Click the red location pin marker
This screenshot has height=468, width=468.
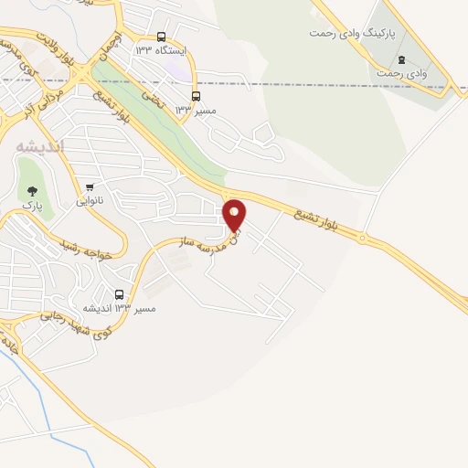(x=235, y=216)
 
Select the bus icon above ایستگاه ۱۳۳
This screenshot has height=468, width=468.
(x=162, y=37)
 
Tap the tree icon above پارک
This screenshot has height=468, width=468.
(x=33, y=191)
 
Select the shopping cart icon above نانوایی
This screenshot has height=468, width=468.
(x=89, y=186)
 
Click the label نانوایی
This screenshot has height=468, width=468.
(x=89, y=200)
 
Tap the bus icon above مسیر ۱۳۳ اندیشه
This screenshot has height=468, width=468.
(x=120, y=294)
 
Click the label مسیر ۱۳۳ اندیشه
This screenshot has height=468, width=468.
(x=119, y=309)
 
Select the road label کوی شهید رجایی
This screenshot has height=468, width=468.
(x=75, y=323)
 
